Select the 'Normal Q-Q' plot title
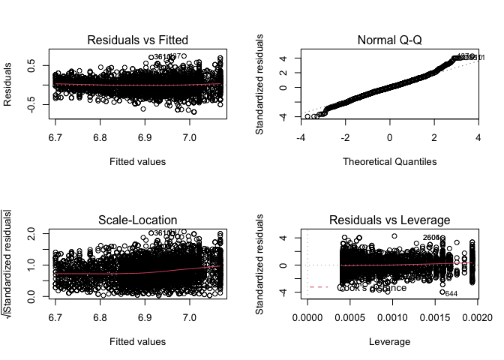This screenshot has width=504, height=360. pos(389,39)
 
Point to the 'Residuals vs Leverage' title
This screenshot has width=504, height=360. pos(389,219)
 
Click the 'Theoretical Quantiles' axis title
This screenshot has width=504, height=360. pos(389,161)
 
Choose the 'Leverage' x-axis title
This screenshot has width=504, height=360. pos(389,341)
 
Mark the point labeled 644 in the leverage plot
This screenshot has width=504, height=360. pos(442,292)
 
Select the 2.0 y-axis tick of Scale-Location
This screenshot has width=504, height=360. pos(34,233)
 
